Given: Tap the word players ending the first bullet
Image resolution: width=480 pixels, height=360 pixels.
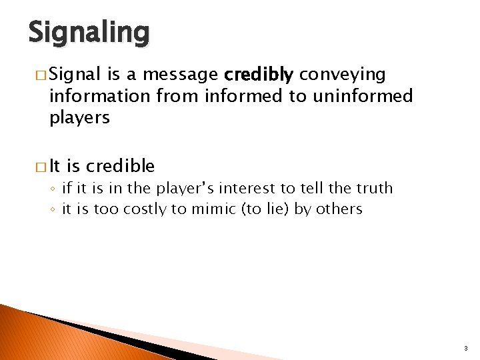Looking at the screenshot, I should [79, 117].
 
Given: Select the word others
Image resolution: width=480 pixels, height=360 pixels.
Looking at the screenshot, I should [339, 209].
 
